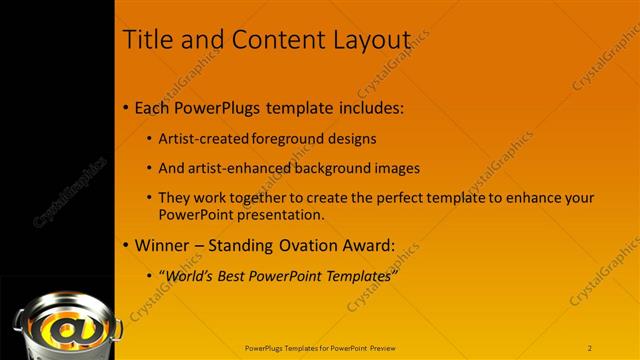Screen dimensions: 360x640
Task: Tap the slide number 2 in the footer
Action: tap(590, 347)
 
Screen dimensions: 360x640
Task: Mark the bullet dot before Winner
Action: tap(125, 246)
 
